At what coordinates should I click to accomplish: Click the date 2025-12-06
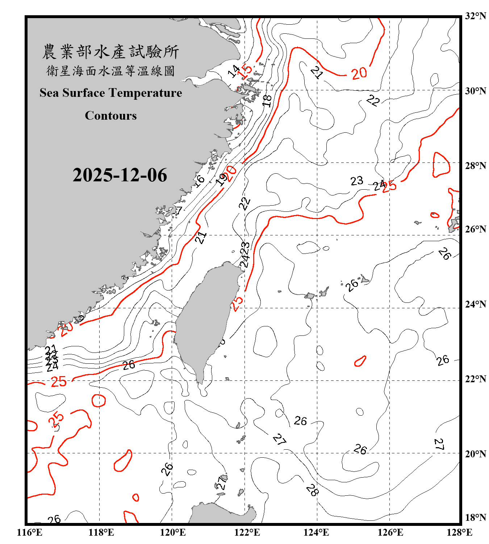[x=120, y=175]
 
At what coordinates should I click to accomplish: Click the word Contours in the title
[x=111, y=116]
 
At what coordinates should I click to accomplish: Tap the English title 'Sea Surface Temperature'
[x=111, y=93]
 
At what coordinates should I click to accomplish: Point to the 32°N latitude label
[x=475, y=16]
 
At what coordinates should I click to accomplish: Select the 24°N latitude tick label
[x=475, y=304]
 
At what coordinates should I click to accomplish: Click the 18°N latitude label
[x=475, y=518]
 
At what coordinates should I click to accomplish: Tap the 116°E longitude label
[x=30, y=532]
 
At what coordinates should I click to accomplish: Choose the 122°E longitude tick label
[x=247, y=532]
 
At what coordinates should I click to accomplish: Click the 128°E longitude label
[x=459, y=532]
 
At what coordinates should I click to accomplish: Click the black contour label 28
[x=312, y=490]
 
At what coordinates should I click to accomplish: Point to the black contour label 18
[x=267, y=100]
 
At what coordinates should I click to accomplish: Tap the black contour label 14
[x=234, y=71]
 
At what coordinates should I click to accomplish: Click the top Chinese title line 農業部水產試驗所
[x=111, y=52]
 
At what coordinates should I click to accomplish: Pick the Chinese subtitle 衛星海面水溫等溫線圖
[x=111, y=71]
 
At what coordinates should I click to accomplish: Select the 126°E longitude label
[x=390, y=532]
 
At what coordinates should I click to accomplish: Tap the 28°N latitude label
[x=475, y=166]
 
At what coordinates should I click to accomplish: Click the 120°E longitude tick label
[x=173, y=532]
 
